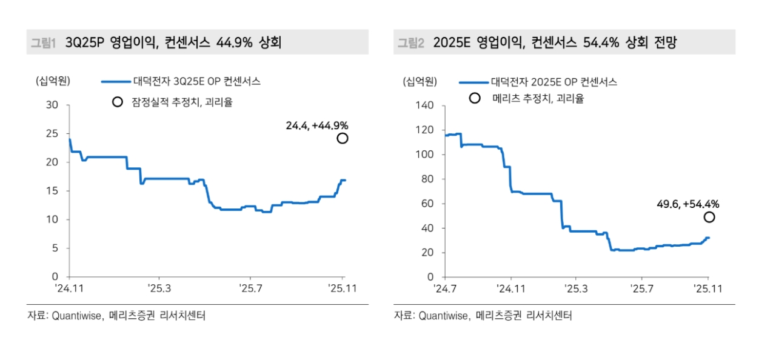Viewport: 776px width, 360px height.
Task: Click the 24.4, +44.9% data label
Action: click(x=317, y=125)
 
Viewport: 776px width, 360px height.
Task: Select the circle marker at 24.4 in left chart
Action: click(x=343, y=138)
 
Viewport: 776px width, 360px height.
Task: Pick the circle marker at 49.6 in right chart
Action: click(x=709, y=217)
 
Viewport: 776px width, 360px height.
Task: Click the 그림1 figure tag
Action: click(x=44, y=42)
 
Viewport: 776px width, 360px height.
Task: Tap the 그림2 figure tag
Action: click(x=410, y=42)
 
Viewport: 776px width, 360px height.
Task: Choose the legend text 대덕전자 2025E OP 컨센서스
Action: click(x=554, y=81)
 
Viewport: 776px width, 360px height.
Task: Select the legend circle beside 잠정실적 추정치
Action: click(x=118, y=102)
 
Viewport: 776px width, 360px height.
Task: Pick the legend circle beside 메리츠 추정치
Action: click(x=475, y=98)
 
